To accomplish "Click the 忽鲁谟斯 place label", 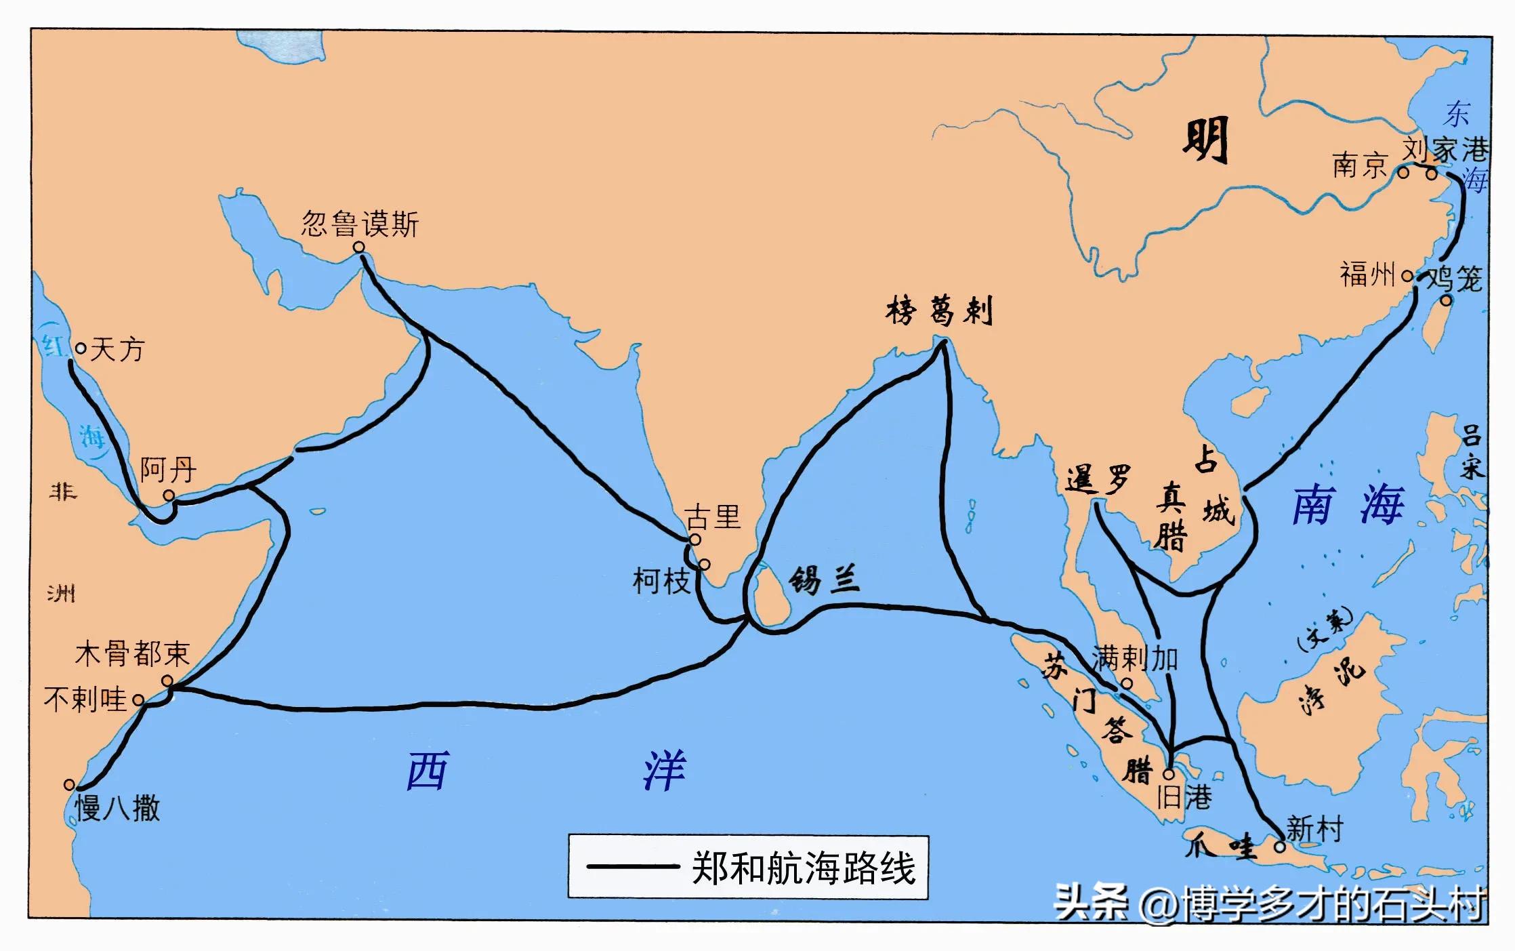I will (x=360, y=223).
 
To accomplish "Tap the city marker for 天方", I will (x=81, y=348).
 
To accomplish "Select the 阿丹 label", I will (x=168, y=469).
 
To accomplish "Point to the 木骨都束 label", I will (x=132, y=654).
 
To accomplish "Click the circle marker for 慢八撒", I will (x=69, y=785).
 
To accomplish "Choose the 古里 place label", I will (x=713, y=517).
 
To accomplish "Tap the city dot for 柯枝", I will (x=705, y=565).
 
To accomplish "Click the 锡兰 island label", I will (x=824, y=580).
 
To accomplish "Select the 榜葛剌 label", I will (x=938, y=312).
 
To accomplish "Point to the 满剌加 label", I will (x=1135, y=658).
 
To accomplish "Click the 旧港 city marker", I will (x=1169, y=774).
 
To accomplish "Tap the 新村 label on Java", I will (x=1314, y=829).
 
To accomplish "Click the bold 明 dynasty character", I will (x=1206, y=141).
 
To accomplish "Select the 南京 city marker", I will (x=1403, y=173).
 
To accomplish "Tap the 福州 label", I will (x=1367, y=275).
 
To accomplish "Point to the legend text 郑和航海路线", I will (x=804, y=868).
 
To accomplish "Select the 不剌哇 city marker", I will (x=139, y=700).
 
